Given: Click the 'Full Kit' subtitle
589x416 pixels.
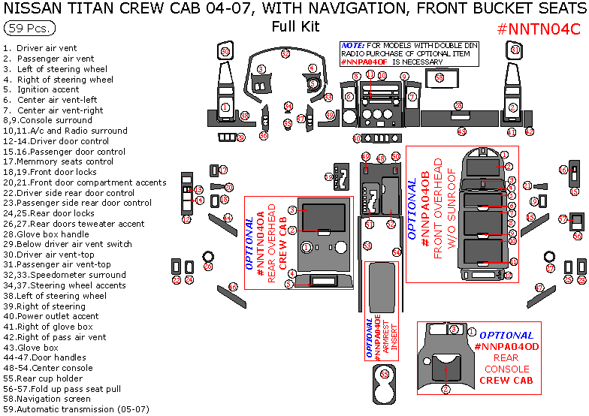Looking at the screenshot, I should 295,27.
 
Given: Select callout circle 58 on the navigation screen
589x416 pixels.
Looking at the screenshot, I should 439,77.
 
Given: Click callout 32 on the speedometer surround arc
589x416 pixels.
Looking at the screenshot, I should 285,53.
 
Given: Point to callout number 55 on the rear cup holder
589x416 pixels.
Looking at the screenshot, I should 385,373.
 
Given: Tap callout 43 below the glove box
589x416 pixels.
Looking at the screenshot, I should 461,131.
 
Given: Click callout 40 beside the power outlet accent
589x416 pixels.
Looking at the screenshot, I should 357,139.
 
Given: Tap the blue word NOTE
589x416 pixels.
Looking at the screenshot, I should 352,45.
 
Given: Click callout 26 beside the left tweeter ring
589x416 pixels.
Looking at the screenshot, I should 208,266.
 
